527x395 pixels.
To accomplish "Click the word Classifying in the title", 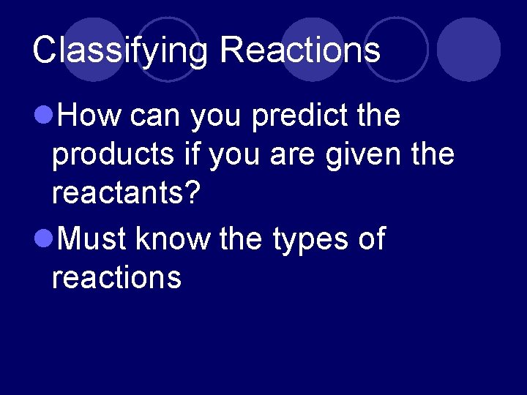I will click(x=121, y=51).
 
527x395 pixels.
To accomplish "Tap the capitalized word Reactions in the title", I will click(x=300, y=51).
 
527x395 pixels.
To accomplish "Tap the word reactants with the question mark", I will click(x=126, y=195).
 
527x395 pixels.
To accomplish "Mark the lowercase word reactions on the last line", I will click(x=116, y=278).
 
